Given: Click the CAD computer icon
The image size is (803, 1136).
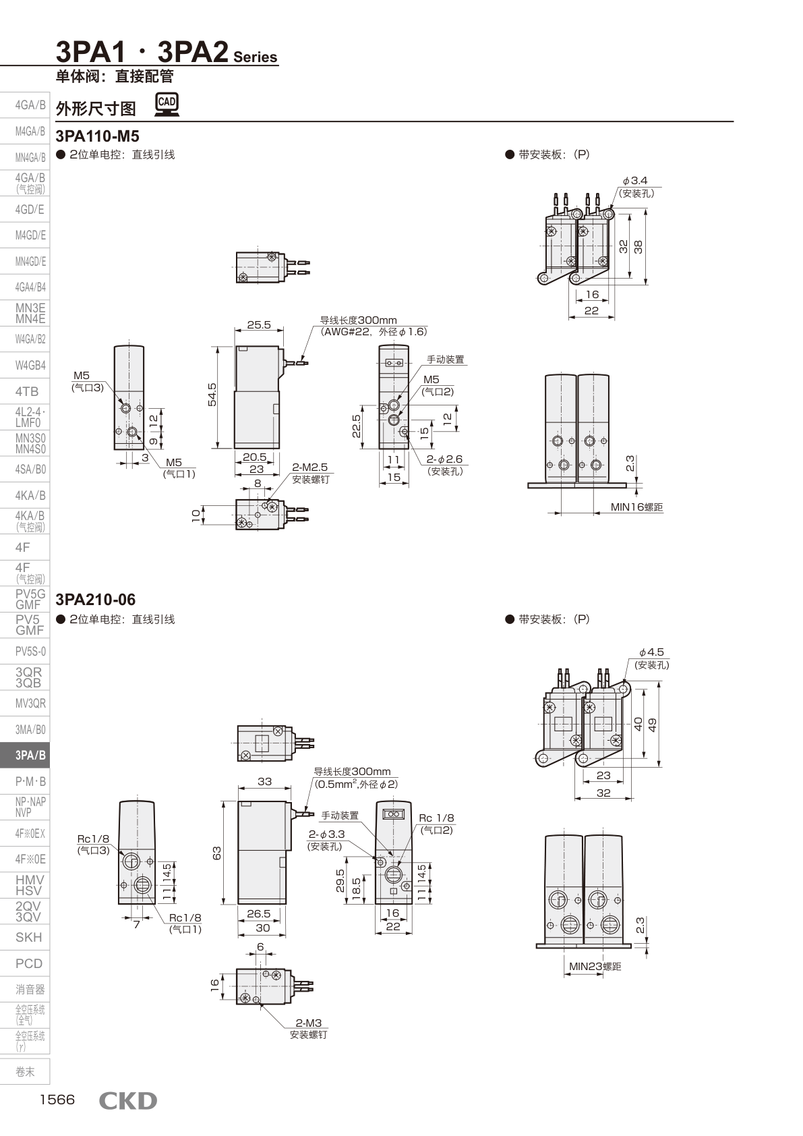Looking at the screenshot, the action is [167, 105].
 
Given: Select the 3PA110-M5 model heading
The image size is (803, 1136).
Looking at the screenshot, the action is [97, 136].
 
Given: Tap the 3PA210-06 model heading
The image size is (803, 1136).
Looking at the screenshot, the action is [96, 600].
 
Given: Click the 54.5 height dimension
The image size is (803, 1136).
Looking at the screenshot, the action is [212, 395].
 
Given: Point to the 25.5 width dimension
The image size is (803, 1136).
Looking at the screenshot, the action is [259, 324].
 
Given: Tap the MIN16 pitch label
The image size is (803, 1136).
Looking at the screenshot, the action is [636, 507].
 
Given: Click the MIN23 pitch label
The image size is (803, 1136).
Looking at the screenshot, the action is [595, 966].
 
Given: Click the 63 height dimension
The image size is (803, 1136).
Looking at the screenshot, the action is [217, 853].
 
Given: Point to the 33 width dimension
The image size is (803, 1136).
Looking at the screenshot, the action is [264, 781].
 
